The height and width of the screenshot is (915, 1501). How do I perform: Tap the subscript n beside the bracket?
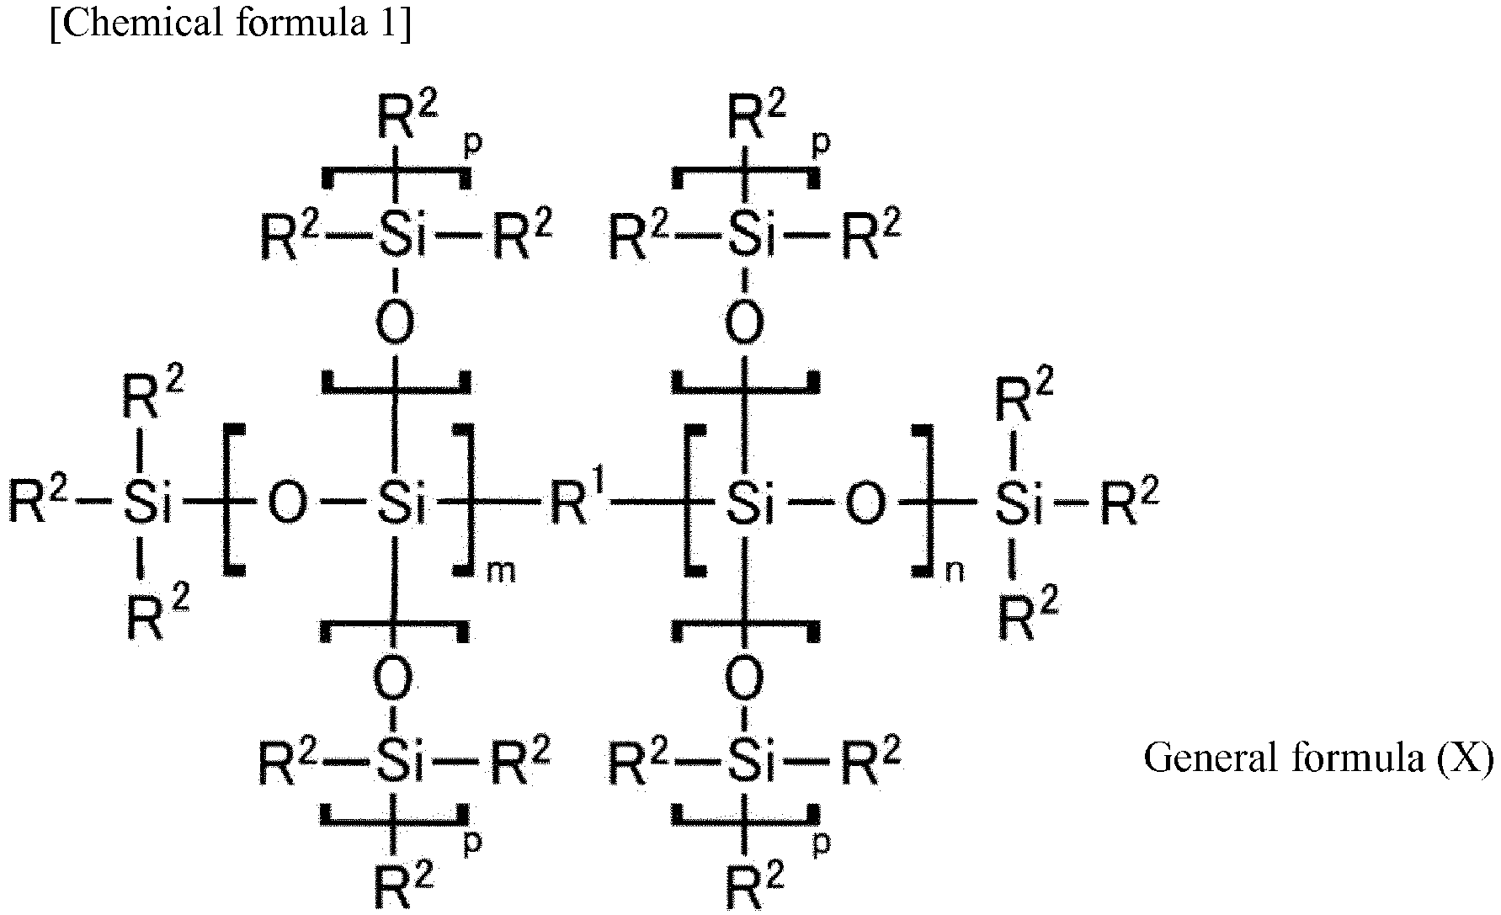[x=954, y=572]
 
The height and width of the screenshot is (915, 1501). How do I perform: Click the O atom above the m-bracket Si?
[x=394, y=322]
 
